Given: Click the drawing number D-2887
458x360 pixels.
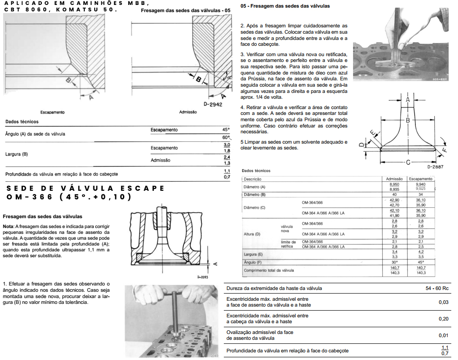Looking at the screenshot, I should pos(436,167).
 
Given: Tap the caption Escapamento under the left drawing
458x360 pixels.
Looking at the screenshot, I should pos(52,112).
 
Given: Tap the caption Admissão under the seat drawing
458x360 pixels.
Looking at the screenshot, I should pos(188,112).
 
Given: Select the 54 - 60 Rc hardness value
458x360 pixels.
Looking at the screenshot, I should pos(437,288).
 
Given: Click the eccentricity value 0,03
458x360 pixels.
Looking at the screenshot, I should pos(443,302).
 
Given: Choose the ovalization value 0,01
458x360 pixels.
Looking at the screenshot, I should pos(443,335).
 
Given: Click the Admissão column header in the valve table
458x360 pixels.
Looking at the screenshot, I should pos(394,179).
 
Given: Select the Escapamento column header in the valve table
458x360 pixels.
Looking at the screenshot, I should pos(420,179).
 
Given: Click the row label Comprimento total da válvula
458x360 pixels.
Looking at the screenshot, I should pos(269,270).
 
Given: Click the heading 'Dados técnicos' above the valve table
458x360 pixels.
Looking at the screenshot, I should pos(256,171).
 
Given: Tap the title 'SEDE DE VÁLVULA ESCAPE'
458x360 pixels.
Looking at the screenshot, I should pos(86,188).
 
